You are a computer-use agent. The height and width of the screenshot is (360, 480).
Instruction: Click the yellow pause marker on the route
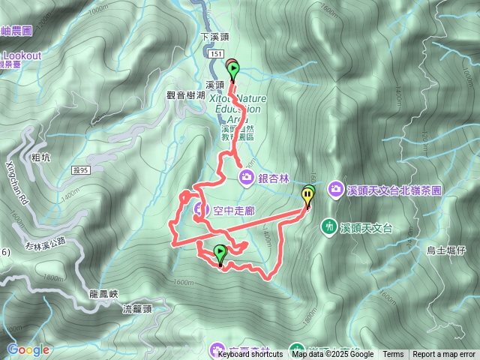click(x=308, y=197)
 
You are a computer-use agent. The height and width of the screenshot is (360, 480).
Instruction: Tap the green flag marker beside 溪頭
click(x=233, y=70)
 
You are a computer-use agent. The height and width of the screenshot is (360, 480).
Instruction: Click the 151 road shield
click(x=217, y=54)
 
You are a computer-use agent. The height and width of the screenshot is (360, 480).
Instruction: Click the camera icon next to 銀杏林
click(x=247, y=177)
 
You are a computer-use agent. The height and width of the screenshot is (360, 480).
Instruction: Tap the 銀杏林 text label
click(x=274, y=177)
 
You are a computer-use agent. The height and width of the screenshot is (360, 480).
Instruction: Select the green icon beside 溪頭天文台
click(x=328, y=226)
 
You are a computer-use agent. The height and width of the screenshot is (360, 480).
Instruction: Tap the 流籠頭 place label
click(x=138, y=308)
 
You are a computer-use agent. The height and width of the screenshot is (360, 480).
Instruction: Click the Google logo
click(x=28, y=349)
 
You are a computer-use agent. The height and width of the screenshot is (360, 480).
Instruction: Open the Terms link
click(x=393, y=355)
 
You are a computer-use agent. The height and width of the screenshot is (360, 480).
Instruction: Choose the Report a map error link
click(x=444, y=355)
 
